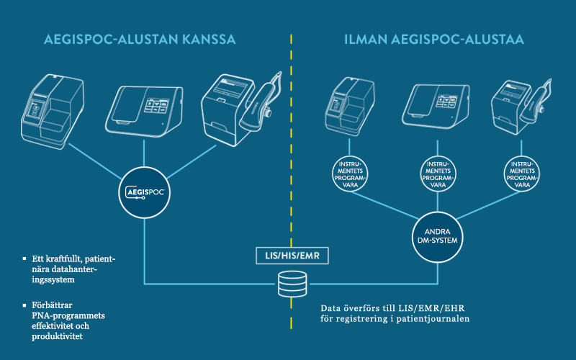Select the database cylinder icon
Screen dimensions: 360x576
[x=290, y=285]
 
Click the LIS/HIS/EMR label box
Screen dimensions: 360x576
[x=290, y=255]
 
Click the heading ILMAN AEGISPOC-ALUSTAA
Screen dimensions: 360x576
[x=433, y=39]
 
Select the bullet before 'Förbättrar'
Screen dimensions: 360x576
[x=27, y=305]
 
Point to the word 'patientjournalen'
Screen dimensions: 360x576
[x=435, y=318]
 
